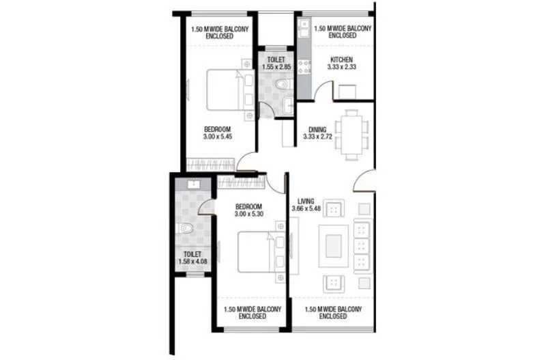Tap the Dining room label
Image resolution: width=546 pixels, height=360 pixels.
click(317, 128)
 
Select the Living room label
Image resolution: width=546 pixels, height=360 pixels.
click(302, 200)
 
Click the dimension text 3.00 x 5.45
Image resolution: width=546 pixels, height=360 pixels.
click(217, 137)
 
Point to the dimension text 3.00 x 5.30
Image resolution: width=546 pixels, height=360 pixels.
click(249, 214)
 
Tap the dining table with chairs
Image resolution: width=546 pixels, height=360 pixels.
click(353, 133)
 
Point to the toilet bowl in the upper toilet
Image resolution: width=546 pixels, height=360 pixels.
click(281, 83)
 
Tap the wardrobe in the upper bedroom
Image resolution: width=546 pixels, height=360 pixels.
click(210, 165)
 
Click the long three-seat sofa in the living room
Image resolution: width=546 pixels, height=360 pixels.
click(362, 245)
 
